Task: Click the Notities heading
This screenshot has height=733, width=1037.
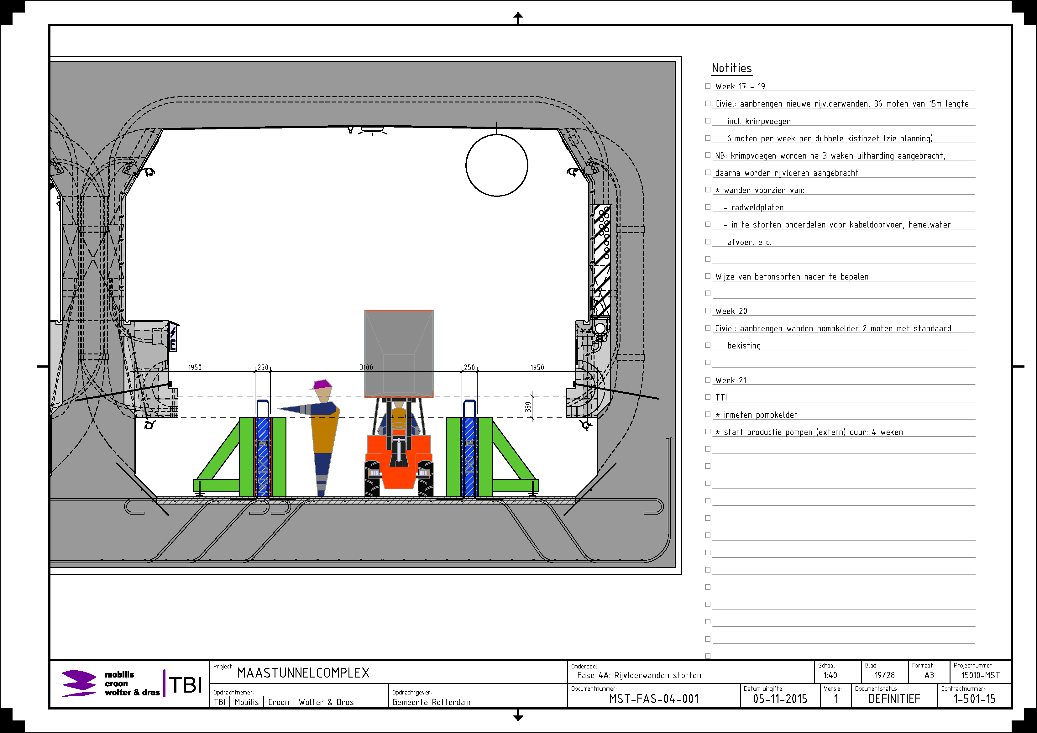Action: pos(732,68)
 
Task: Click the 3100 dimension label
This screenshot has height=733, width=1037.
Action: pos(366,367)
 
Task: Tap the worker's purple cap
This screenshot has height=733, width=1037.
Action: pos(321,384)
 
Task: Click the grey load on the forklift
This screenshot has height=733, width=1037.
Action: pos(399,353)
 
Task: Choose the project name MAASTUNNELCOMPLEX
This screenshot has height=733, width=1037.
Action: pos(303,673)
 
